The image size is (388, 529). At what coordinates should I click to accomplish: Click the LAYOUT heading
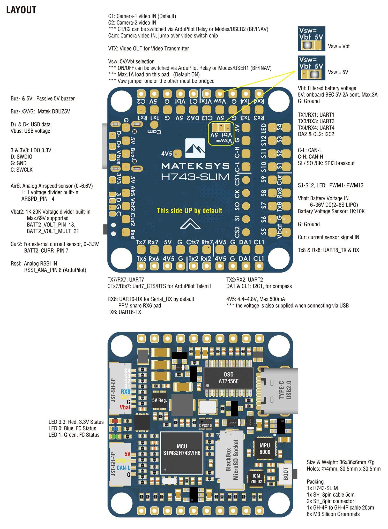[x=21, y=10]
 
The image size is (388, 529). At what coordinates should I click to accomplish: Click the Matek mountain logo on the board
[x=195, y=148]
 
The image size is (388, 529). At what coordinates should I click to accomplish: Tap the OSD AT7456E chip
[x=228, y=378]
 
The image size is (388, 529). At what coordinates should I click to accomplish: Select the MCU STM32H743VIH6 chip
[x=182, y=452]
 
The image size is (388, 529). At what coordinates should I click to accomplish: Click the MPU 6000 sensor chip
[x=264, y=448]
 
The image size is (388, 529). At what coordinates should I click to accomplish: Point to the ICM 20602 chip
[x=256, y=479]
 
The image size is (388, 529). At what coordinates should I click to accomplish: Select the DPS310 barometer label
[x=206, y=425]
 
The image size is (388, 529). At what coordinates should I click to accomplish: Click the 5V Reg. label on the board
[x=159, y=400]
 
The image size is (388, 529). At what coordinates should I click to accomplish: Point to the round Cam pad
[x=154, y=125]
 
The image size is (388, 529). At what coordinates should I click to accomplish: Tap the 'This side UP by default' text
[x=189, y=210]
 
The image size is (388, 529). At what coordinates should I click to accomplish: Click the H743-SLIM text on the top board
[x=195, y=177]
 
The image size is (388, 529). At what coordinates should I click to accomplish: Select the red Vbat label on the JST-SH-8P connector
[x=125, y=407]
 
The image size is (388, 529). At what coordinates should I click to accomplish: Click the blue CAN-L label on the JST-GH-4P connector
[x=123, y=468]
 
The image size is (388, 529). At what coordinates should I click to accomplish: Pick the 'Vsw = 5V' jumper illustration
[x=311, y=68]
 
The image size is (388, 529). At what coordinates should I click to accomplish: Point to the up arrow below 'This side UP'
[x=190, y=223]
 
